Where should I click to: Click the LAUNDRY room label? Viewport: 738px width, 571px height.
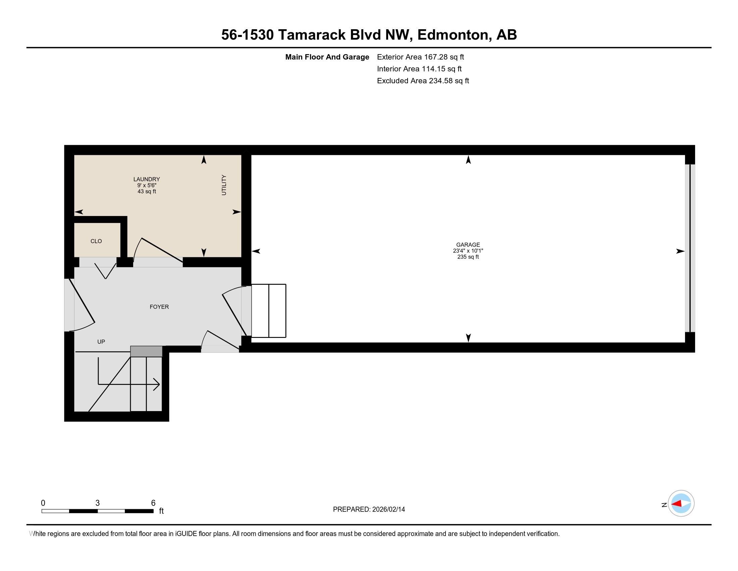tap(146, 179)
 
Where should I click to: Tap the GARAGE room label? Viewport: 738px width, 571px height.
tap(468, 245)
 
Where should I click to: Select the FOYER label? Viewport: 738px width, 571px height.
tap(159, 307)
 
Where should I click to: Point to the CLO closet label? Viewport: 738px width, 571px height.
tap(96, 241)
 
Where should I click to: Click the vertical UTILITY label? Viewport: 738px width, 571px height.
tap(224, 185)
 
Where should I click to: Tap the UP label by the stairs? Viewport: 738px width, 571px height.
tap(101, 342)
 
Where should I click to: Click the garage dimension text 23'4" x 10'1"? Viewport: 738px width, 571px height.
tap(468, 251)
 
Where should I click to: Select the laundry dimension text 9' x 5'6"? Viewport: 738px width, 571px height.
tap(147, 185)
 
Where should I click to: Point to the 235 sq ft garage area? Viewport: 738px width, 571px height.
tap(468, 257)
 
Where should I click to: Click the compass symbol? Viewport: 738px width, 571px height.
tap(681, 504)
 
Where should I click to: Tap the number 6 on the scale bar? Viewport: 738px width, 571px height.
tap(153, 503)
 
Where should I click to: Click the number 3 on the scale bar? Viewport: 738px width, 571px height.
tap(98, 503)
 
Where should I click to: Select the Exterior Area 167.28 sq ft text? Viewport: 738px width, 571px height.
tap(420, 57)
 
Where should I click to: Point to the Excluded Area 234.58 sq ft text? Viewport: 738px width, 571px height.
tap(423, 81)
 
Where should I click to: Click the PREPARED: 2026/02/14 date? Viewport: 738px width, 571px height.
tap(369, 510)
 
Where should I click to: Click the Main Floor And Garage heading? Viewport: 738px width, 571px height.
tap(327, 57)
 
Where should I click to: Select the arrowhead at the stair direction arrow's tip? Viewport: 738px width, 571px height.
tap(156, 384)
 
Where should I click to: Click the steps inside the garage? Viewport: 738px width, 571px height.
tap(269, 311)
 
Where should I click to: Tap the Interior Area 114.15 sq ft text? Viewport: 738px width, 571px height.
tap(419, 69)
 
